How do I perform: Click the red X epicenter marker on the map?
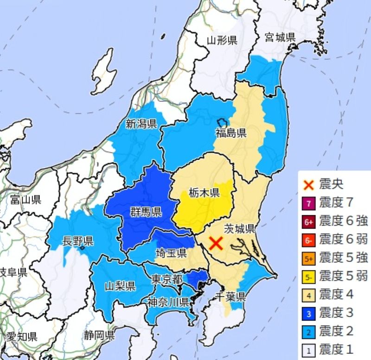tap(215, 243)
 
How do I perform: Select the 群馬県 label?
tap(146, 213)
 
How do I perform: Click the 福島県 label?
tap(230, 133)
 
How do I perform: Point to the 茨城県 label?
tap(239, 228)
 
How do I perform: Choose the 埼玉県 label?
tap(171, 253)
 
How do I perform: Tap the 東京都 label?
tap(167, 279)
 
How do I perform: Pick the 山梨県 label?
tap(120, 285)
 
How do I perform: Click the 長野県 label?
tap(78, 241)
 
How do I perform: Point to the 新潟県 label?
tap(141, 124)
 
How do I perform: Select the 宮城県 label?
tap(280, 37)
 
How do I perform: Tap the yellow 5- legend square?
tap(309, 277)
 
